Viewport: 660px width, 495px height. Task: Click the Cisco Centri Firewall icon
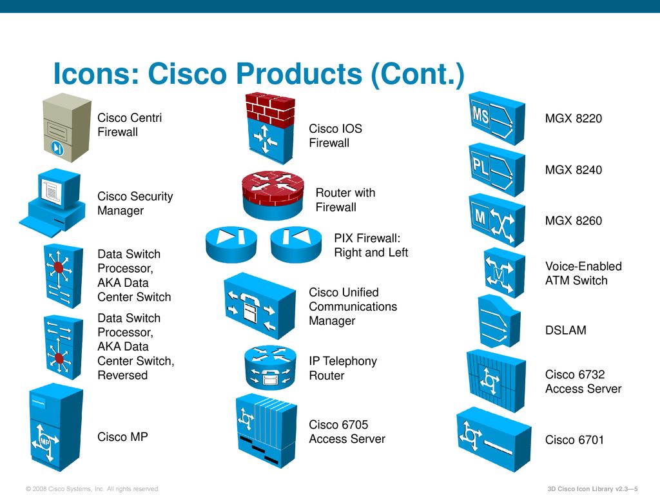coord(66,126)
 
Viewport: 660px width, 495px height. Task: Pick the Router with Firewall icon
coord(273,193)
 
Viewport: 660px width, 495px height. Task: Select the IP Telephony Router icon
coord(270,366)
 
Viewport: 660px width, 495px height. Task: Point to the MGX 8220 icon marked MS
coord(496,118)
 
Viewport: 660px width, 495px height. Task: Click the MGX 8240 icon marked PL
coord(496,169)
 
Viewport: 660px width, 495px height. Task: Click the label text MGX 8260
coord(573,221)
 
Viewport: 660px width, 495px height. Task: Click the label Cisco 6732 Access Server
coord(583,382)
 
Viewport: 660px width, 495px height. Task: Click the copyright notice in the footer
coord(92,489)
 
